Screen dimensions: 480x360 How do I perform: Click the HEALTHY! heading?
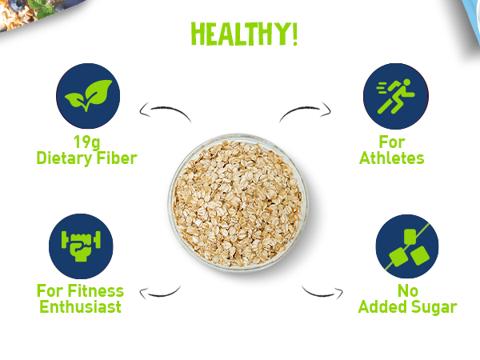pyautogui.click(x=244, y=34)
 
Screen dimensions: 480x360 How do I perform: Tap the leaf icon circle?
pyautogui.click(x=88, y=96)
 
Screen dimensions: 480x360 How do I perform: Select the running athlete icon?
pyautogui.click(x=396, y=96)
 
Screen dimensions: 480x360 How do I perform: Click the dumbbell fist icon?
pyautogui.click(x=81, y=246)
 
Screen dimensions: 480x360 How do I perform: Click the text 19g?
pyautogui.click(x=87, y=142)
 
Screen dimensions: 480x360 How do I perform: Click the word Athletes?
pyautogui.click(x=391, y=158)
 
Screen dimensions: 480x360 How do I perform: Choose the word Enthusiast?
pyautogui.click(x=81, y=306)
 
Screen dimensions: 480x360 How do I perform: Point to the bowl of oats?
pyautogui.click(x=238, y=202)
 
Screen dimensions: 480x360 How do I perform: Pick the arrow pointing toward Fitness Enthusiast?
pyautogui.click(x=161, y=294)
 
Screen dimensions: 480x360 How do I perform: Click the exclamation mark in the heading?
pyautogui.click(x=294, y=34)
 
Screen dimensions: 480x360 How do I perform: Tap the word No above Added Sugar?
pyautogui.click(x=408, y=291)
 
